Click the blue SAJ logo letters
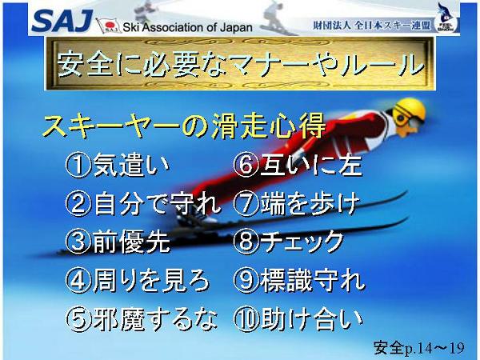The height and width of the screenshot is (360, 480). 62,21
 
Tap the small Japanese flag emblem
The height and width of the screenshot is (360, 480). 108,26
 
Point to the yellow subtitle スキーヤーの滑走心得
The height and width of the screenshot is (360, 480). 184,126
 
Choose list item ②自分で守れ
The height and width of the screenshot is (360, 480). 143,203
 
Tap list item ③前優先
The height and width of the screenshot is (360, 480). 118,242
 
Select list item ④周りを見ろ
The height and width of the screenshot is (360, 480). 138,281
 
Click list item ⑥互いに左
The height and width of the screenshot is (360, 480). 298,166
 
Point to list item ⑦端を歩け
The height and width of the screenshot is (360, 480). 296,203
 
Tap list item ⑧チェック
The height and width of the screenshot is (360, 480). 288,242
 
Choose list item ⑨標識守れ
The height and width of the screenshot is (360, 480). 299,281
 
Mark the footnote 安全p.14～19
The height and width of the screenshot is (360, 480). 419,348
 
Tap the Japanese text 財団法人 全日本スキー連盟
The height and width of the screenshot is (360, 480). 372,26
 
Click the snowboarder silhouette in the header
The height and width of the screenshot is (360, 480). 277,18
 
